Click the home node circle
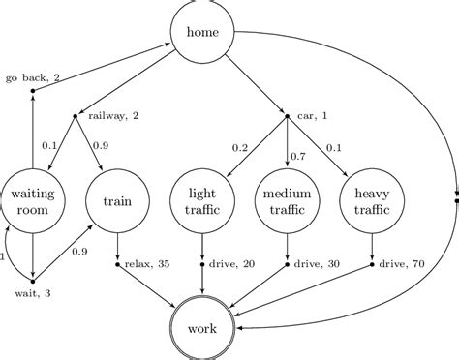[x=202, y=33]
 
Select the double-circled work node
[x=202, y=328]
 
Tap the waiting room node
[x=32, y=202]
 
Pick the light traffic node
[x=201, y=202]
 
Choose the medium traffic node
[x=288, y=202]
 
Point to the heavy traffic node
[x=373, y=202]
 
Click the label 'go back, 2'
[x=33, y=76]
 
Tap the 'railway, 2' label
[x=113, y=116]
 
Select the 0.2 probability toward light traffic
[x=241, y=147]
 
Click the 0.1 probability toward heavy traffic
[x=334, y=147]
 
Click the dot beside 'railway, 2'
[x=76, y=117]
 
